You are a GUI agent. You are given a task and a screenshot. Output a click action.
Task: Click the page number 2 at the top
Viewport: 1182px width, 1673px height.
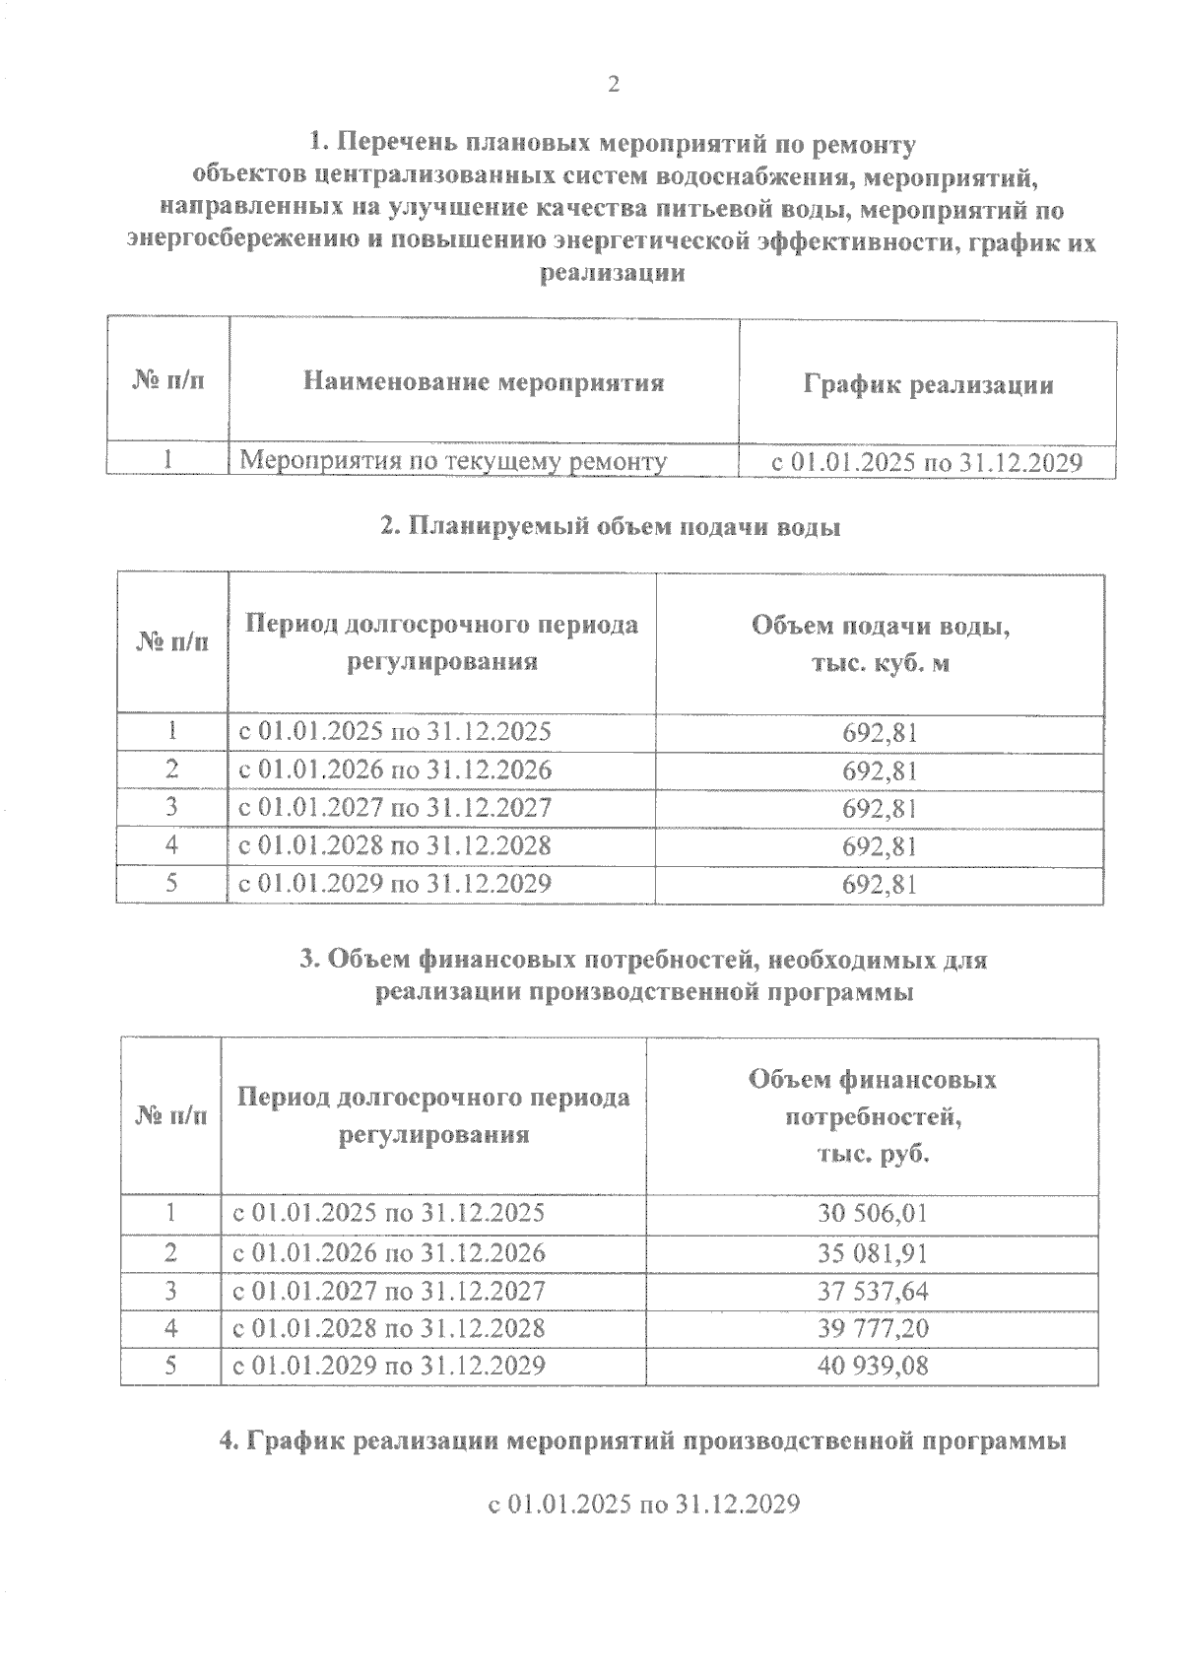pos(613,86)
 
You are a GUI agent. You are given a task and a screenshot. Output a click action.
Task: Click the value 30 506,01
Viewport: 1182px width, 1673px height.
pos(872,1213)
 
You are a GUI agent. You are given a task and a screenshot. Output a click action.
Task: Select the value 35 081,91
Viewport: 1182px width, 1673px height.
pos(872,1253)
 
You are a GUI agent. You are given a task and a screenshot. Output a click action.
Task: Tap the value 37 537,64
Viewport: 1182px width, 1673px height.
pos(872,1291)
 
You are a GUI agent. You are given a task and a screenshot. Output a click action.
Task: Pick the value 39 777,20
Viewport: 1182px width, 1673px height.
pos(872,1328)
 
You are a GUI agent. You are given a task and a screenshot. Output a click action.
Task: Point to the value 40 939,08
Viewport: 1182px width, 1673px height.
pos(872,1366)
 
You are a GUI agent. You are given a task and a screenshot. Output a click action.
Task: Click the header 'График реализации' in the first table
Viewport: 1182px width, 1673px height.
pos(928,384)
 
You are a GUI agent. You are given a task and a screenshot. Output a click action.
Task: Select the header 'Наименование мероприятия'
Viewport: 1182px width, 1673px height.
pos(483,382)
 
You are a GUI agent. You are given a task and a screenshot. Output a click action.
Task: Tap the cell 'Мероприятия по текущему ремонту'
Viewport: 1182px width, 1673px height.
pos(454,460)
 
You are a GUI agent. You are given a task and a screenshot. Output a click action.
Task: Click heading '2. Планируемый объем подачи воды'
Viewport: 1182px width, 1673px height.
pos(611,527)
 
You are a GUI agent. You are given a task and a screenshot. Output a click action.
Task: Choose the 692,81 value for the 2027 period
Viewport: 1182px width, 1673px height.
pos(880,809)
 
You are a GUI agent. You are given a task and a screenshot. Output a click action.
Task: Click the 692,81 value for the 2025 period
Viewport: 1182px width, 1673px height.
pos(880,733)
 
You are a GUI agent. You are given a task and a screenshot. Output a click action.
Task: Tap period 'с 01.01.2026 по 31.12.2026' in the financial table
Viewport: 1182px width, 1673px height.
pos(388,1253)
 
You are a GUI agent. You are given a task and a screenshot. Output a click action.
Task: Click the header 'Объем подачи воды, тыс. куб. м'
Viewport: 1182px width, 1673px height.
pos(880,644)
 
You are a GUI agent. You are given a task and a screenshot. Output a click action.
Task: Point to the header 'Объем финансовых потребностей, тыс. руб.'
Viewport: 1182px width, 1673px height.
pos(872,1116)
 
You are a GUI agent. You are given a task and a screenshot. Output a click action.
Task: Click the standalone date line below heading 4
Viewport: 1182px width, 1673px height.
pos(643,1506)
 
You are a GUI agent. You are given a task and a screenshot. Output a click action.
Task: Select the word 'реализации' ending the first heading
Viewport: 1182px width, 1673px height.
pos(612,274)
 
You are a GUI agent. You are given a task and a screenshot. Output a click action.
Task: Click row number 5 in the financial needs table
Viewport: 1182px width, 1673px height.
pos(170,1366)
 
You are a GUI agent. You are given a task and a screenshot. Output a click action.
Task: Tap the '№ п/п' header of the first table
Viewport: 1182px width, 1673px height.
pos(168,382)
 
